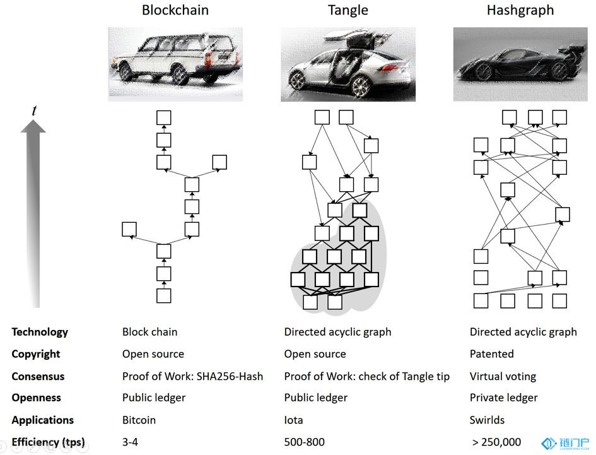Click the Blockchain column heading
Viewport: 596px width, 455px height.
click(x=175, y=10)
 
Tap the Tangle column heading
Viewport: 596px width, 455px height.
click(x=348, y=10)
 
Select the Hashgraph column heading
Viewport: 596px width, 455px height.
click(x=520, y=10)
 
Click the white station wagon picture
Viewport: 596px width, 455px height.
click(x=175, y=64)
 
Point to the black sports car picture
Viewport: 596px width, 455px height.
click(x=520, y=64)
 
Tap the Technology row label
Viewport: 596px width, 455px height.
click(x=40, y=332)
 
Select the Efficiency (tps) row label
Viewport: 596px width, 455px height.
click(x=49, y=442)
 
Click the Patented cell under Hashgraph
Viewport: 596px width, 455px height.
click(x=491, y=354)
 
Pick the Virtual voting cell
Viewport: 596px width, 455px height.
click(x=503, y=376)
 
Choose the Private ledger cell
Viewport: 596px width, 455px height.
click(x=504, y=398)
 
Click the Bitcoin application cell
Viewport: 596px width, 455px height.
click(x=139, y=420)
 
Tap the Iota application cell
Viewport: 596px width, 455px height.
click(x=293, y=420)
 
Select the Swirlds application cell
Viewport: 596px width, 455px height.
click(x=487, y=420)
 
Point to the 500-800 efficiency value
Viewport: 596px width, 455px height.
click(x=305, y=442)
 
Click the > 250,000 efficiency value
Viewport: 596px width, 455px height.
click(x=496, y=442)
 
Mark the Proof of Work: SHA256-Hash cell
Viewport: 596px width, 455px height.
click(x=193, y=376)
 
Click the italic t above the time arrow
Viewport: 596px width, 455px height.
click(x=34, y=110)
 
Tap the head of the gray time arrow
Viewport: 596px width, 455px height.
click(x=33, y=126)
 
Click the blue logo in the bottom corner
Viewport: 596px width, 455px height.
click(x=565, y=443)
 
